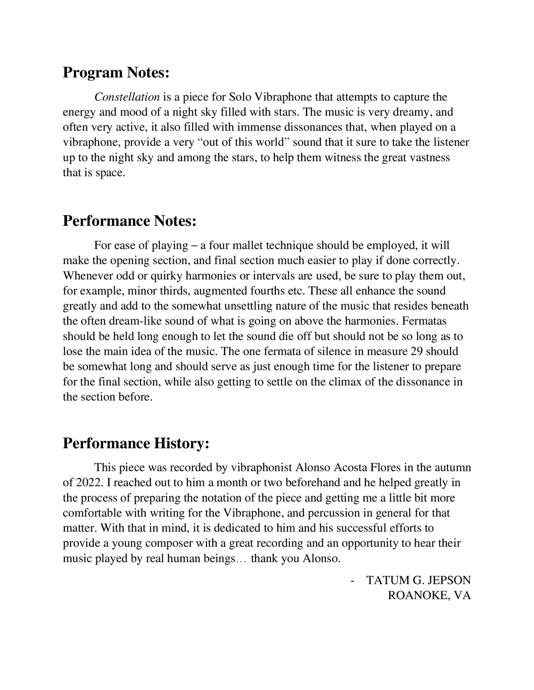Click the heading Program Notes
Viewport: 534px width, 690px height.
click(x=116, y=72)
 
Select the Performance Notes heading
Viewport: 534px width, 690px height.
click(x=129, y=221)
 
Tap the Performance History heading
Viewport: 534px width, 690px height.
click(x=136, y=443)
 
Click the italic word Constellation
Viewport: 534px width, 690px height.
click(x=127, y=97)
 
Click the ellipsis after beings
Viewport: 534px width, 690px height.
click(x=242, y=559)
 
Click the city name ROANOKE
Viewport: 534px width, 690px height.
click(x=419, y=595)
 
